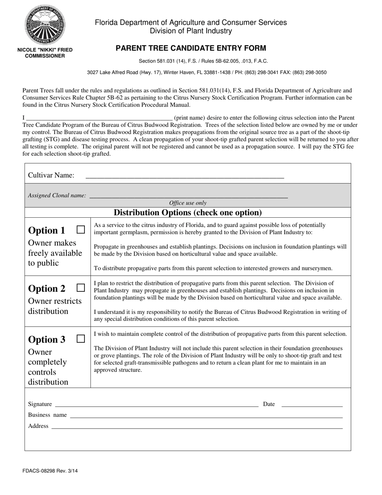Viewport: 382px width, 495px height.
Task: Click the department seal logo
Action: (x=45, y=25)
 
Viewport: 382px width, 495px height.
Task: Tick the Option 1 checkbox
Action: (x=81, y=229)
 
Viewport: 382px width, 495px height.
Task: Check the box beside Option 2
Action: (x=81, y=288)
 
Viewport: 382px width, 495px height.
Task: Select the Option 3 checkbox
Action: (x=81, y=338)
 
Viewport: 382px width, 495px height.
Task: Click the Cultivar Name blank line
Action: (x=185, y=177)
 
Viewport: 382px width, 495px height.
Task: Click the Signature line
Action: (x=156, y=406)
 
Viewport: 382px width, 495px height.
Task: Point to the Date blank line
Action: (x=312, y=406)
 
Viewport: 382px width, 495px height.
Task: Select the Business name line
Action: (x=206, y=417)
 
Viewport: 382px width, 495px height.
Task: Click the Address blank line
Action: (x=197, y=428)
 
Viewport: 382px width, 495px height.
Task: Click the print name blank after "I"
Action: (x=99, y=120)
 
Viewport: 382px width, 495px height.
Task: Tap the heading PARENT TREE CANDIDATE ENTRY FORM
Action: (x=191, y=48)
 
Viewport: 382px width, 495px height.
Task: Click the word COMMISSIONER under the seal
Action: (x=45, y=56)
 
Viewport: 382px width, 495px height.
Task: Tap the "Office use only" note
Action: (x=188, y=203)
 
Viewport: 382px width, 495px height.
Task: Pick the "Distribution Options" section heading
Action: (x=188, y=212)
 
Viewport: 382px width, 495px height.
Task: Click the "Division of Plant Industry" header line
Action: (x=191, y=31)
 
